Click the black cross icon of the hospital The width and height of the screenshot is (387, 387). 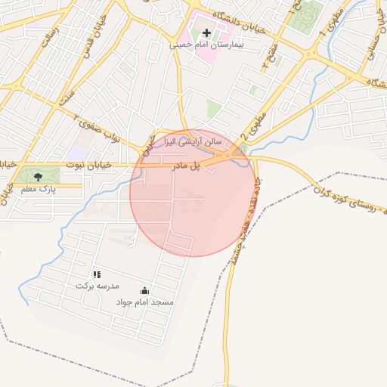tap(206, 33)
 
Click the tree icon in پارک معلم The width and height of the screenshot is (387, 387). tap(39, 177)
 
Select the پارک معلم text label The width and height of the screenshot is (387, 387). tap(39, 189)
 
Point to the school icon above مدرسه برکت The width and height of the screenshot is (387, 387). tap(97, 274)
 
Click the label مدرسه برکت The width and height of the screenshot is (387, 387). tap(98, 286)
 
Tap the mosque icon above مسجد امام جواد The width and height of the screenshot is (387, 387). tap(145, 291)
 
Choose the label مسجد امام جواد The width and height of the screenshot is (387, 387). tap(145, 302)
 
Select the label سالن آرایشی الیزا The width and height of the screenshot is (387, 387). tap(194, 141)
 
